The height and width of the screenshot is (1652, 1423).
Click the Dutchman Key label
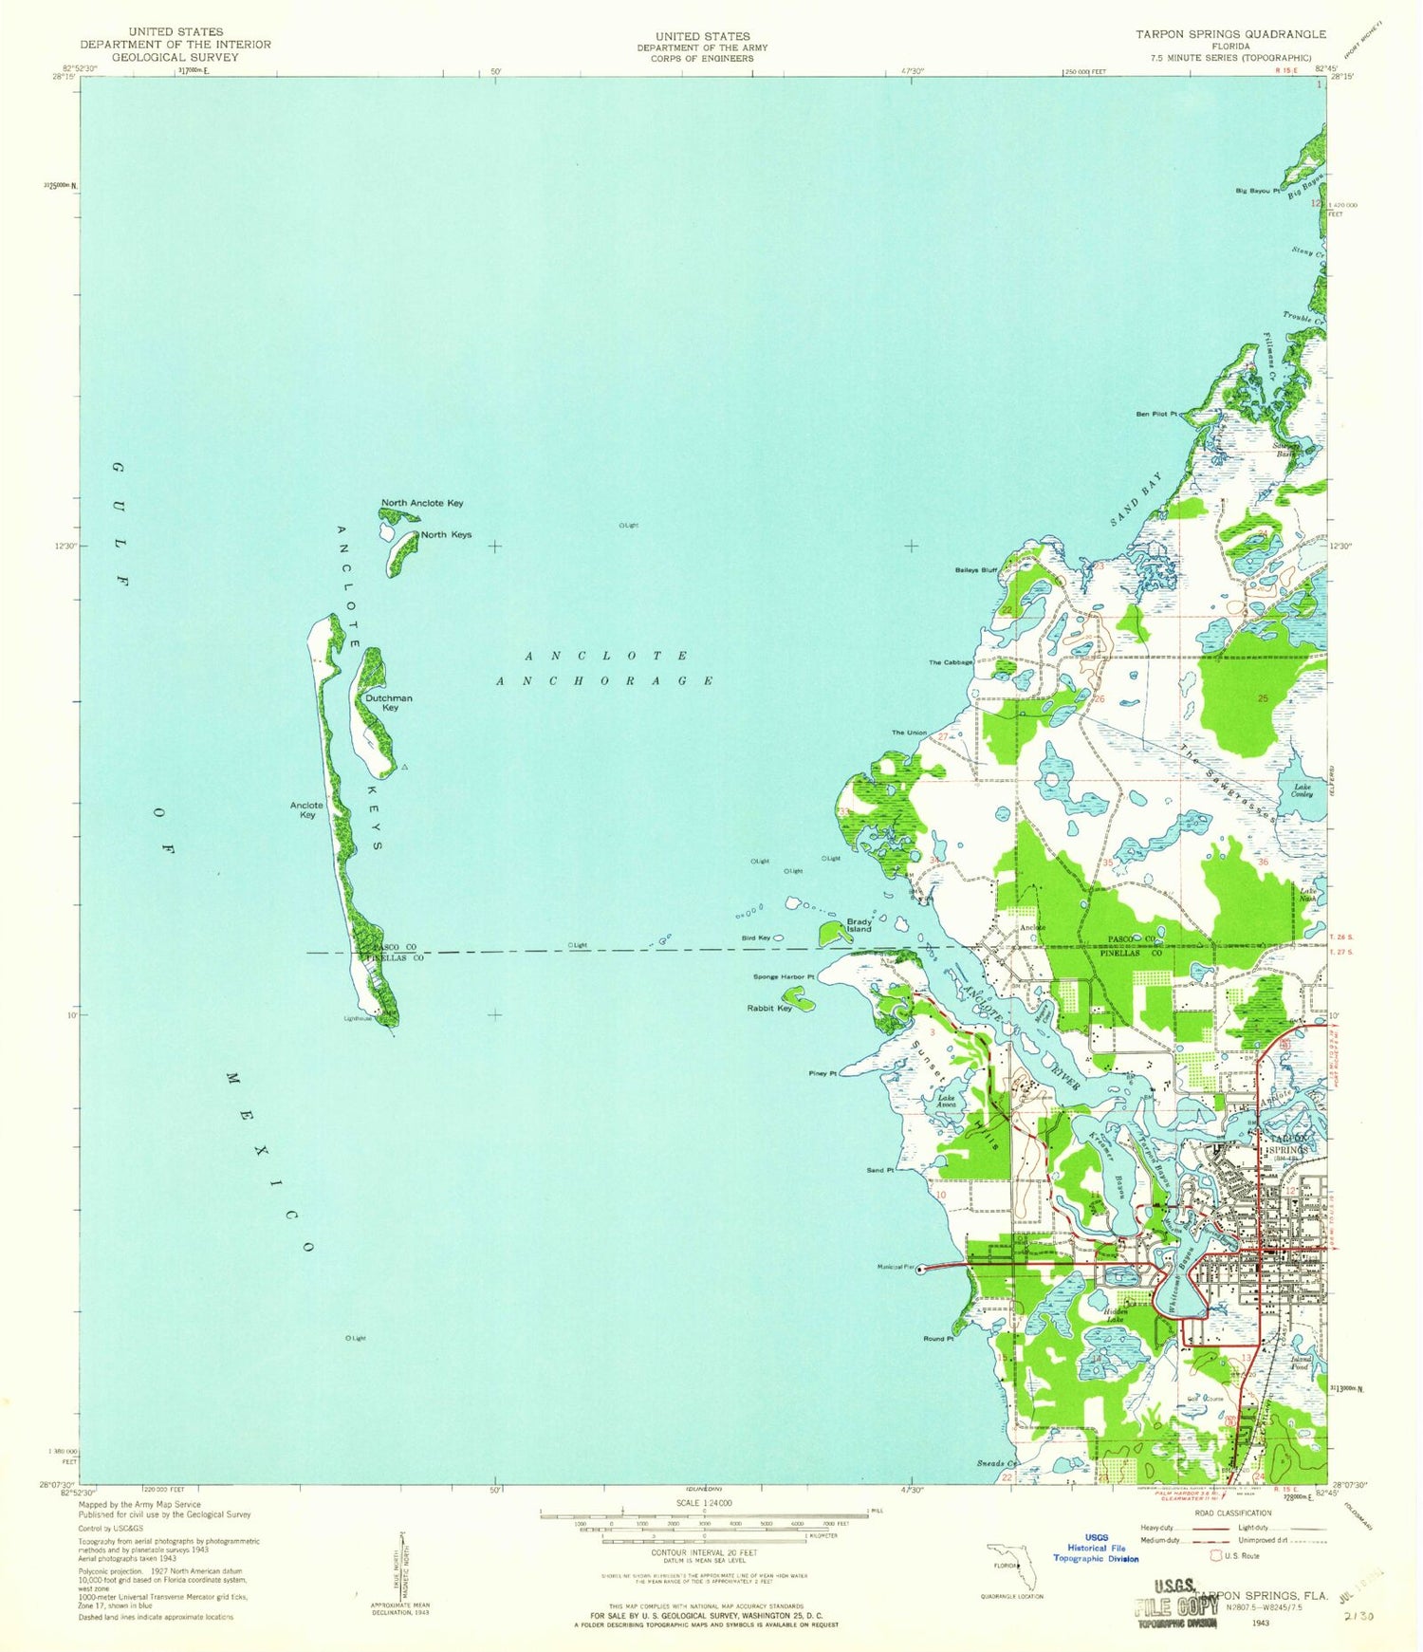coord(389,702)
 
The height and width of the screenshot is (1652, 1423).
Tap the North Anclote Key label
coord(422,503)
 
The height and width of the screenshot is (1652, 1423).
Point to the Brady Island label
coord(859,925)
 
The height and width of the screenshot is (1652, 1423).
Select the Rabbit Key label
coord(769,1009)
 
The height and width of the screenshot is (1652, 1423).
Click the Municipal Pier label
coord(896,1267)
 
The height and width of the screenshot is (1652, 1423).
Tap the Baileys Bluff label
coord(976,570)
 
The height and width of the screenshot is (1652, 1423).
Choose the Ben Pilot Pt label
coord(1156,415)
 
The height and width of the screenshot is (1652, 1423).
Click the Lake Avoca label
coord(947,1102)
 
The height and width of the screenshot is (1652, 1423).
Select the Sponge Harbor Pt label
coord(784,976)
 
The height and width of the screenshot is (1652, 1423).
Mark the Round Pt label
coord(937,1339)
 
